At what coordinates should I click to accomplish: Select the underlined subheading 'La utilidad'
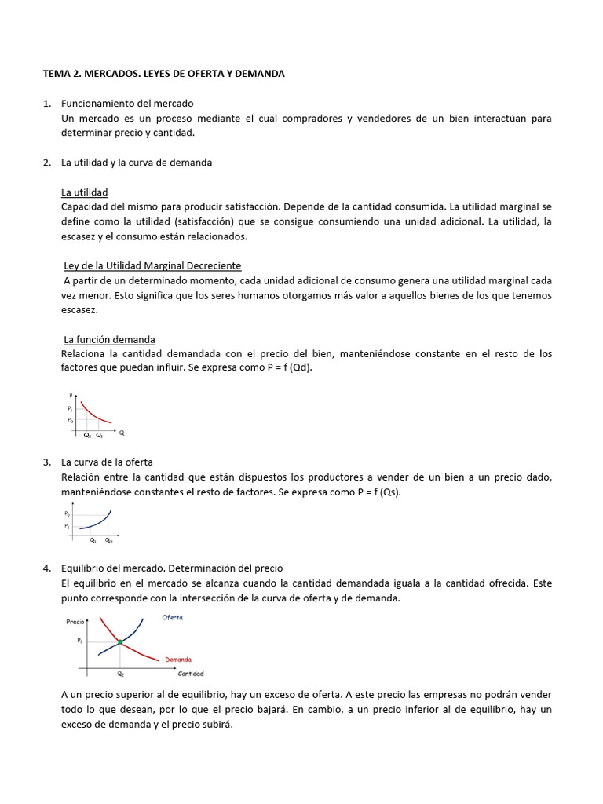(x=84, y=192)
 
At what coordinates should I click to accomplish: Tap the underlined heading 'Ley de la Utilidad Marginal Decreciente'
(x=152, y=266)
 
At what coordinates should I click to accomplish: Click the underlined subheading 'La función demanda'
(x=109, y=339)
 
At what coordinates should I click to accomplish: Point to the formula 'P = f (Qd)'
(x=287, y=368)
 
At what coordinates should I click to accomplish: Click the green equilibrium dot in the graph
(x=120, y=642)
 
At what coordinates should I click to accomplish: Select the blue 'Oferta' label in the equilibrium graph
(x=173, y=618)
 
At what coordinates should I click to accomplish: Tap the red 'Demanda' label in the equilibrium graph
(x=178, y=660)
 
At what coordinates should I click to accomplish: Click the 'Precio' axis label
(x=75, y=621)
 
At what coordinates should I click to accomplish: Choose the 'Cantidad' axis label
(x=190, y=674)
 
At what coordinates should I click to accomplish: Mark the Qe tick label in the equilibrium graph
(x=120, y=674)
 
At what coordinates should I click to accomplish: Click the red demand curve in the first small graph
(x=94, y=412)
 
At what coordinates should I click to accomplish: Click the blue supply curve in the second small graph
(x=98, y=523)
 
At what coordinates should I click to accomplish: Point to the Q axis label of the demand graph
(x=122, y=433)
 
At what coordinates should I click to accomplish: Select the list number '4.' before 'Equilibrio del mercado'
(x=47, y=568)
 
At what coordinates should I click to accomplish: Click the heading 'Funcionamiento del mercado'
(x=127, y=104)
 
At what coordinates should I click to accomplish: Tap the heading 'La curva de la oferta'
(x=112, y=462)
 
